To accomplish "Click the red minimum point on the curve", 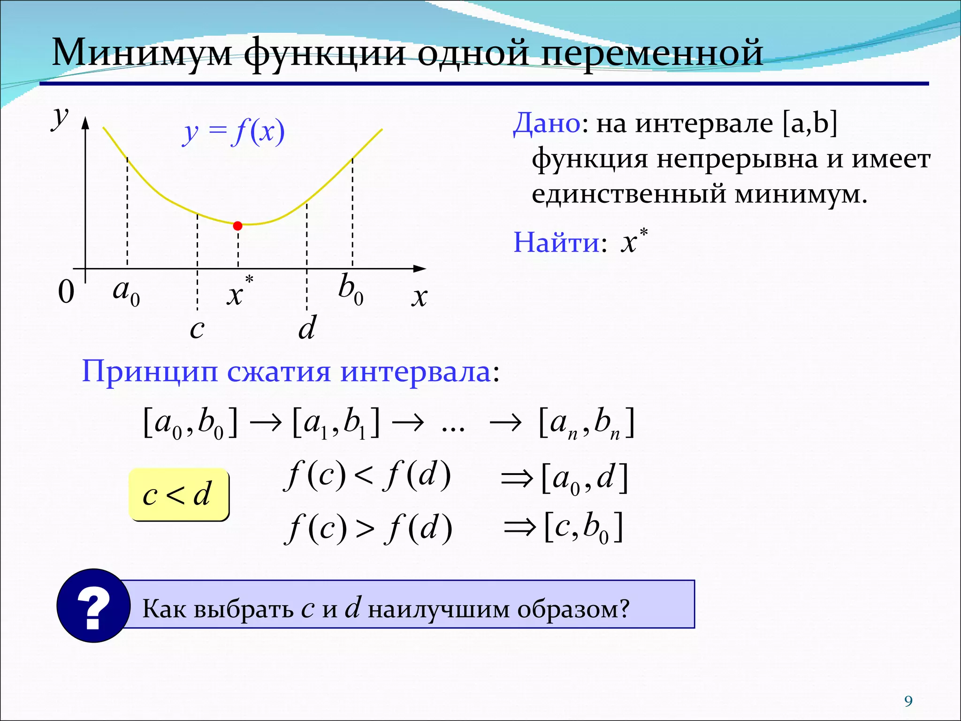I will coord(238,226).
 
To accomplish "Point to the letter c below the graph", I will coord(197,329).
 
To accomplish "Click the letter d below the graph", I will coord(307,328).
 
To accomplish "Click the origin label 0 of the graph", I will coord(66,292).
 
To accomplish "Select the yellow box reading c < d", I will coord(178,495).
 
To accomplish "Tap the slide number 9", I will coord(908,701).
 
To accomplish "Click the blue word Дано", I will coord(547,123).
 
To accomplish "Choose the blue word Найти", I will coord(556,243).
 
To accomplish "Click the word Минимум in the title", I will coord(141,53).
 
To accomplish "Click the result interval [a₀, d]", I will coord(584,478).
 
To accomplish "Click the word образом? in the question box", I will coord(573,609).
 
